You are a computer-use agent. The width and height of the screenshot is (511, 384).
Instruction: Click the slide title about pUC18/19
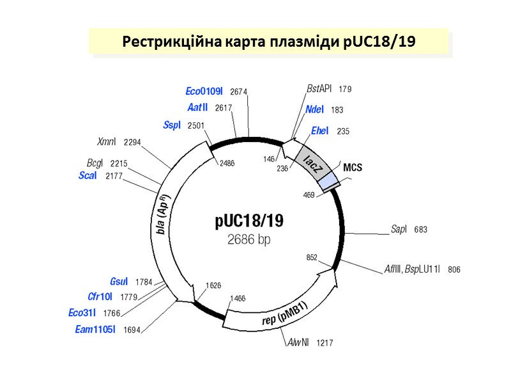click(269, 42)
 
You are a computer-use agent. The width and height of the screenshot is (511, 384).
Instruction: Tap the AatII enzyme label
click(197, 108)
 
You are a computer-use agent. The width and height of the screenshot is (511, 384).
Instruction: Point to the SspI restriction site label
click(172, 125)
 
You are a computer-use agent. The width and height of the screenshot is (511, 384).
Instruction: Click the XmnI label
click(107, 141)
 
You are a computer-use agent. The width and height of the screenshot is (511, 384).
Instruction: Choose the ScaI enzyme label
click(87, 175)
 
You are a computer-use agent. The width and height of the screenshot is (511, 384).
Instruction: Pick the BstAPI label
click(319, 89)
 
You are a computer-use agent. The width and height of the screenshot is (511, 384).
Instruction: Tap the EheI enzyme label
click(319, 131)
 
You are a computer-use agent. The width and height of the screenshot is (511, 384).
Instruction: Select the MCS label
click(352, 168)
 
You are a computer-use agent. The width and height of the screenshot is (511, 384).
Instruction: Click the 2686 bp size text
click(248, 240)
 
